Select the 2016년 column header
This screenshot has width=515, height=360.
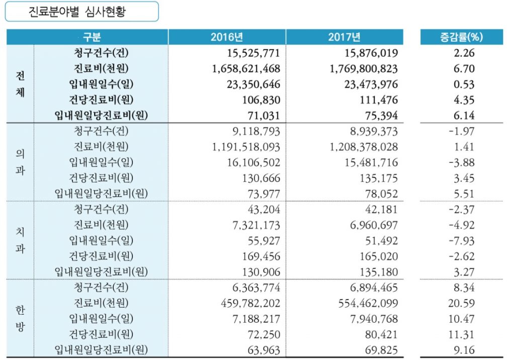(227, 37)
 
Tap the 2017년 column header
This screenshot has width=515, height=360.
(345, 37)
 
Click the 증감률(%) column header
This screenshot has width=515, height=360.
(461, 37)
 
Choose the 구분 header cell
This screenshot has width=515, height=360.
(92, 37)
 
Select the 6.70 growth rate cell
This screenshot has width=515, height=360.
(464, 68)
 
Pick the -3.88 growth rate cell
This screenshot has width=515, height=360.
(461, 163)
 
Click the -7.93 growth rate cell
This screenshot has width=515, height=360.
(461, 241)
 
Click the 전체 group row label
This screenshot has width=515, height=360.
(20, 84)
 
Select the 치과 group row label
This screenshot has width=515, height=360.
(20, 241)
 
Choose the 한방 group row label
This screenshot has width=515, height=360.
(20, 319)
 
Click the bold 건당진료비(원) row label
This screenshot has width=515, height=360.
(101, 100)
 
